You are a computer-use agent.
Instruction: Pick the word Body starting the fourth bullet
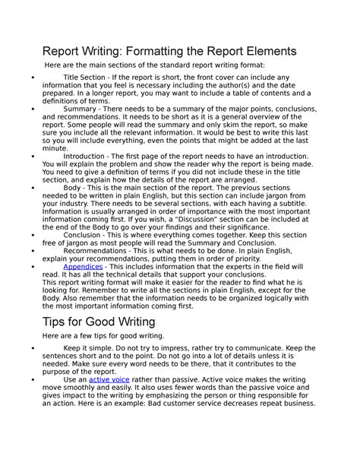[73, 187]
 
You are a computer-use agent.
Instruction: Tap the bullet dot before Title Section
[28, 78]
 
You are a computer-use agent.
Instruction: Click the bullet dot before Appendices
[28, 267]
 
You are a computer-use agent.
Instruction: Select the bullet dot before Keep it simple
[28, 347]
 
